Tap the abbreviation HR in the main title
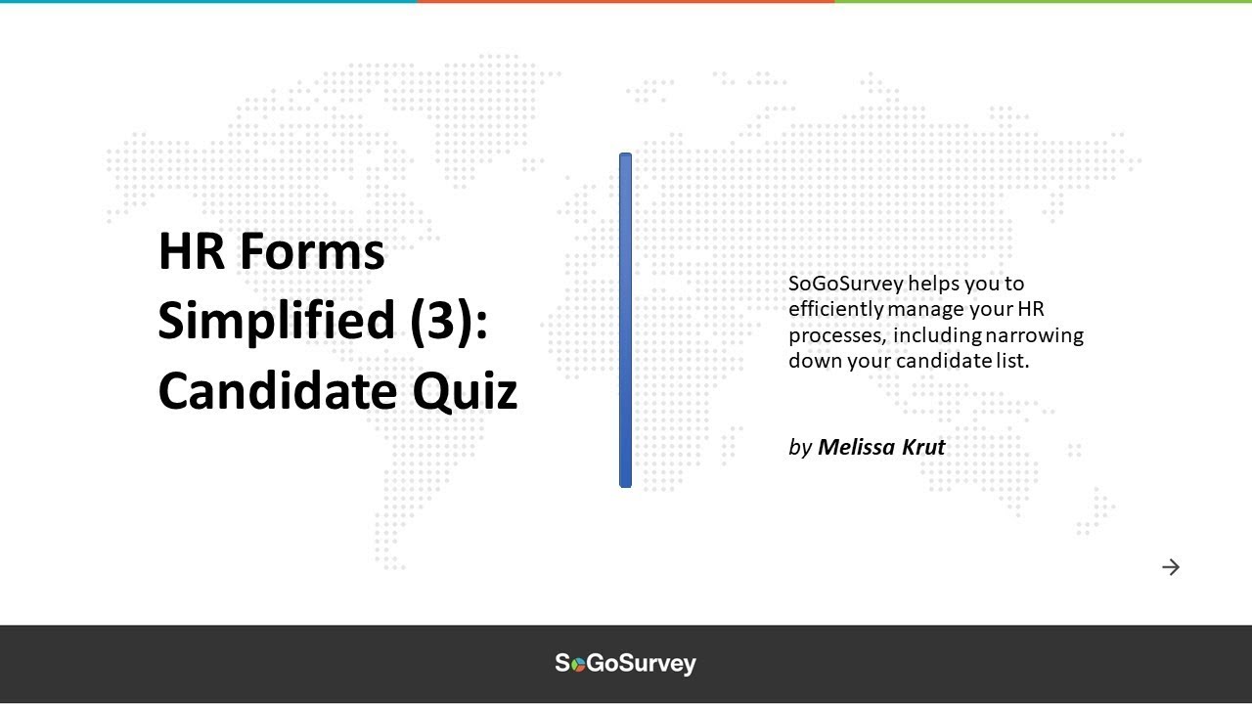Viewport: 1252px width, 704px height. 192,251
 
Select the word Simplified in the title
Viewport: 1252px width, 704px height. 277,322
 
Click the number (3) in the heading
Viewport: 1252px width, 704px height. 449,322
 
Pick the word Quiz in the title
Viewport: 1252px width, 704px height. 465,391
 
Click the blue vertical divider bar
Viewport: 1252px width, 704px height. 625,320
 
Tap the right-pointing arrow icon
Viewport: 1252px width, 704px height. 1171,567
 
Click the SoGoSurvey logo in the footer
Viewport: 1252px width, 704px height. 626,663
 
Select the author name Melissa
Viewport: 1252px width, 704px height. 862,447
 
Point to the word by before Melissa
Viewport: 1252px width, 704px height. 800,448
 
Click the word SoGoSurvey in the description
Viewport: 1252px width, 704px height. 845,284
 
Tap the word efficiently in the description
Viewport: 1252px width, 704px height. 836,309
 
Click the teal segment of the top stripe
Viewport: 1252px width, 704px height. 208,2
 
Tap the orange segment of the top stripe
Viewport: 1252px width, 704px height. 626,2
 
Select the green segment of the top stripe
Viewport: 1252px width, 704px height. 1043,2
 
